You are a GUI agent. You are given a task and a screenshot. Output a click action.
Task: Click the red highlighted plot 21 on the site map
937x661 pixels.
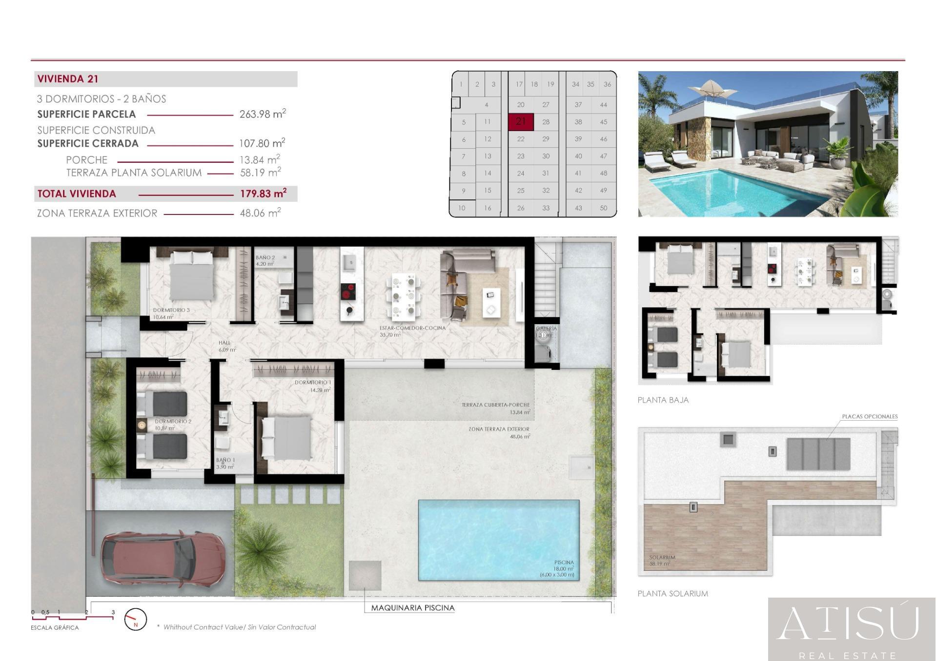pos(521,122)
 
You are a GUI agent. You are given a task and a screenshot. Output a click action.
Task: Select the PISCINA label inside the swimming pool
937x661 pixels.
pos(564,563)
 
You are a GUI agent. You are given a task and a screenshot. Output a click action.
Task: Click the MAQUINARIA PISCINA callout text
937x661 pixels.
pos(412,608)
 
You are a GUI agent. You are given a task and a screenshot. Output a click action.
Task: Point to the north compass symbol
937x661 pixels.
pos(135,620)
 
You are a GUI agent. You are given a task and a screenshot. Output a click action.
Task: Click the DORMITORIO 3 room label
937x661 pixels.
pos(171,310)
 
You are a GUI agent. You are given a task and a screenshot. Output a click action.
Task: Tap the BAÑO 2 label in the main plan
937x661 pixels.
pos(265,257)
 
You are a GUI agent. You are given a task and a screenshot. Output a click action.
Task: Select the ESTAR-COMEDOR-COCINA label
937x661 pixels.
pos(412,328)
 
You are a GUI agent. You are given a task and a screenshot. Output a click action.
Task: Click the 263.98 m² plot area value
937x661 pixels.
pos(262,114)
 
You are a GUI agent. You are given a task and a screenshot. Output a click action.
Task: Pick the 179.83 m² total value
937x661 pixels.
pos(263,194)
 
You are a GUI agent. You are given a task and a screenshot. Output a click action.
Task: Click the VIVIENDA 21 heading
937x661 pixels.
pos(68,79)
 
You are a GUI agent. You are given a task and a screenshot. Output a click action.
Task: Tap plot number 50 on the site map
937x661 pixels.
pos(603,208)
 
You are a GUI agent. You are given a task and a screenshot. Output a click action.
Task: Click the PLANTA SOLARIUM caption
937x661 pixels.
pos(672,594)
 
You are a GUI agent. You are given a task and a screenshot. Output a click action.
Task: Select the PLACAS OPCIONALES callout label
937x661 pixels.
pos(869,417)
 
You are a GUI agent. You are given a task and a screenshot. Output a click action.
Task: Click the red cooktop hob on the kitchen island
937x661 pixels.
pos(348,292)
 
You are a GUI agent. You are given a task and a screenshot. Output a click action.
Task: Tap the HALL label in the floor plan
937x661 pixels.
pos(224,343)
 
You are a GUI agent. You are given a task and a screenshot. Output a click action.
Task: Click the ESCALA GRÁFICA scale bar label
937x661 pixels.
pos(55,627)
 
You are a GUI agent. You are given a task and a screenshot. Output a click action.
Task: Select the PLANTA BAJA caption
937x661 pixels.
pos(663,400)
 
